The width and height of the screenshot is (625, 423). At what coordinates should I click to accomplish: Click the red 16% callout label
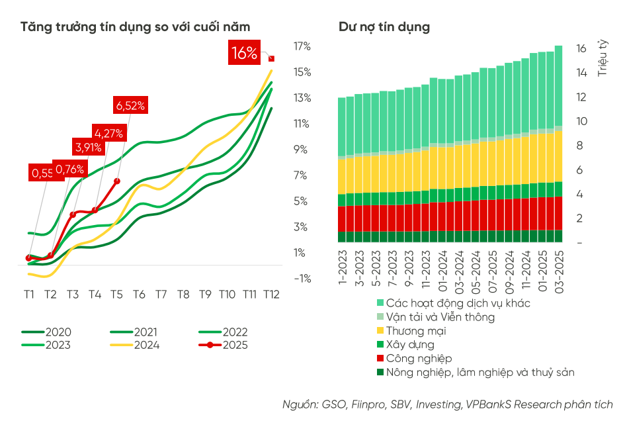pos(244,53)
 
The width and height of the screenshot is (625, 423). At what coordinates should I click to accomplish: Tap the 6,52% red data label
pos(130,105)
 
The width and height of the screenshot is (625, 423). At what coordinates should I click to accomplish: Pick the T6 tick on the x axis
pos(139,294)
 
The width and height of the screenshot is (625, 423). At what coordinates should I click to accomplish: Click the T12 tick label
pos(271,294)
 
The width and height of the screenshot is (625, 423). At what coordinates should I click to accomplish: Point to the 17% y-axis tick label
pos(302,46)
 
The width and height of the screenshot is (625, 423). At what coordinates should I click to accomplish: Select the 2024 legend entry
pos(134,345)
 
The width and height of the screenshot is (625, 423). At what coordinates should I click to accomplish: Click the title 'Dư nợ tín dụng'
pos(384,27)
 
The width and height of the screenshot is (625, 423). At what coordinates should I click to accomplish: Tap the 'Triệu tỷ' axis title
pos(603,58)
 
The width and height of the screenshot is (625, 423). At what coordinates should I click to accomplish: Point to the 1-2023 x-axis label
pos(342,270)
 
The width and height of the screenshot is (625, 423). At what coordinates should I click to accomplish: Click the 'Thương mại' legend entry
pos(410,331)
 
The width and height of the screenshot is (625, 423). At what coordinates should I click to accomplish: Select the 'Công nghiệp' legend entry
pos(413,359)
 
